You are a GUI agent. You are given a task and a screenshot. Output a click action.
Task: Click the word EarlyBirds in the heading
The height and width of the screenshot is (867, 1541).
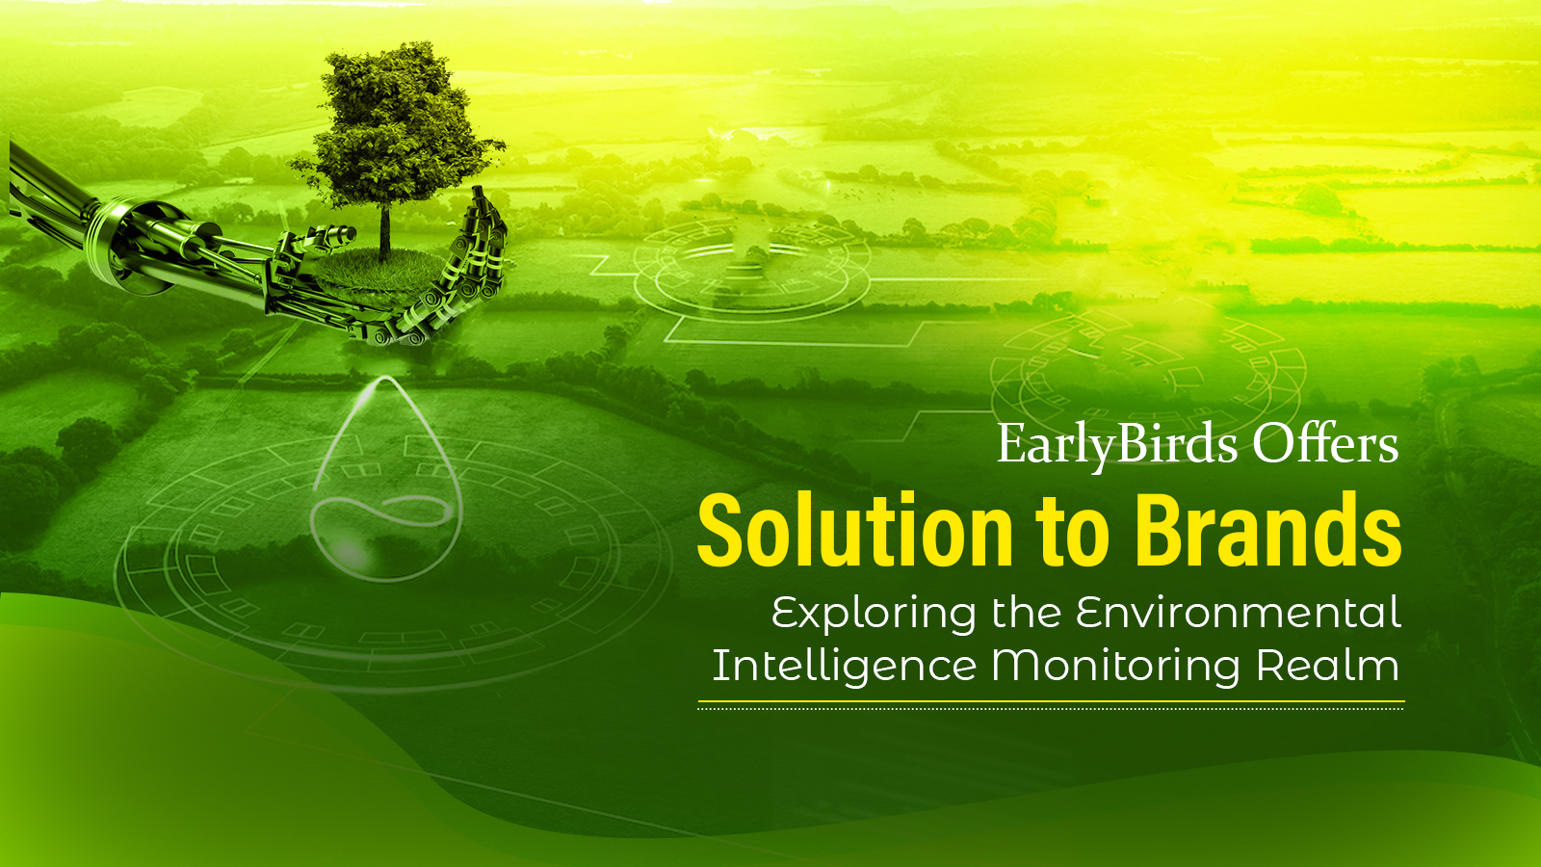[1117, 445]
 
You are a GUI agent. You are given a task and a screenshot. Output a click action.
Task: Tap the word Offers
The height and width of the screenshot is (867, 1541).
[1325, 445]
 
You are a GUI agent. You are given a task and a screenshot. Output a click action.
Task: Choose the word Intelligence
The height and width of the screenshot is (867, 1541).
[844, 667]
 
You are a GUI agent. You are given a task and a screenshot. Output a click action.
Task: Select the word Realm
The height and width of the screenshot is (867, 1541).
[1327, 666]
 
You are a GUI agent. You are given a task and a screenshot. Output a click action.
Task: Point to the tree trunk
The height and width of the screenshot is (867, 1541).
[385, 229]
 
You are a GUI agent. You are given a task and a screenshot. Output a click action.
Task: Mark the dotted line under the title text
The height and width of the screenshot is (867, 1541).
[1050, 708]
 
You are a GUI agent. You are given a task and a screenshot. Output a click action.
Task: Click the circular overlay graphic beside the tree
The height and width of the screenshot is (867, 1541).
[751, 265]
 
